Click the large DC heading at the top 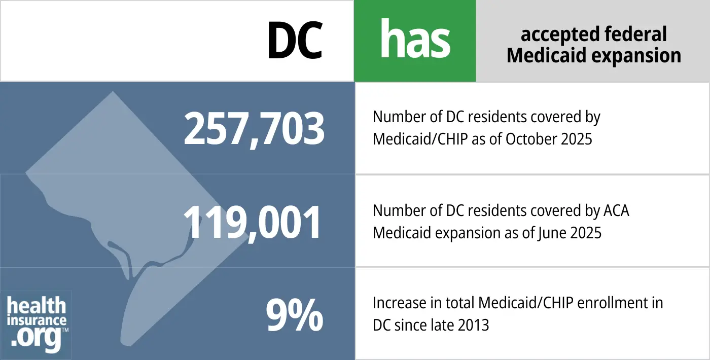pos(295,40)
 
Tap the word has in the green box pos(415,40)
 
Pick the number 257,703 pos(254,129)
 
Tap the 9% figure pos(294,315)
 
